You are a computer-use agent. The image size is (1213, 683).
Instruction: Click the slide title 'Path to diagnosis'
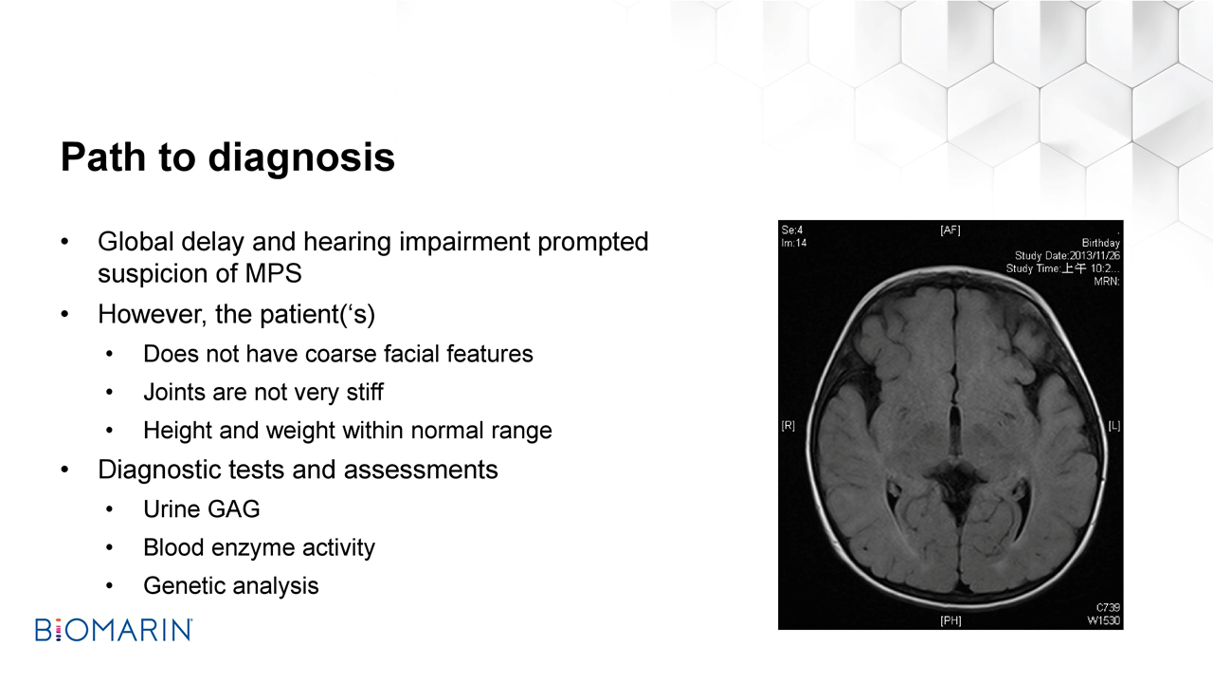pyautogui.click(x=227, y=157)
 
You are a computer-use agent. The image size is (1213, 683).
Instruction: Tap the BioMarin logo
pyautogui.click(x=114, y=630)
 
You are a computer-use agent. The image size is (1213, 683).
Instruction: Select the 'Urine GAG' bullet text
pyautogui.click(x=202, y=509)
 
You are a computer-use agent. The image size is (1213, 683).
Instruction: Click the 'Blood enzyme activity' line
pyautogui.click(x=259, y=548)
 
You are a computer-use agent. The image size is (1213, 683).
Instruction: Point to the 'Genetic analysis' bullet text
pyautogui.click(x=230, y=586)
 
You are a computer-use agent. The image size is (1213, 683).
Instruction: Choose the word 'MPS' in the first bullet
pyautogui.click(x=274, y=273)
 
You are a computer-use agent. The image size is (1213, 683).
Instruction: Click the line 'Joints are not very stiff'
pyautogui.click(x=263, y=393)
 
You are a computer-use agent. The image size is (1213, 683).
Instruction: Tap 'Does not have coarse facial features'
pyautogui.click(x=338, y=354)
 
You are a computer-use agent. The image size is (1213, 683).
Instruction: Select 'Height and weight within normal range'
pyautogui.click(x=348, y=431)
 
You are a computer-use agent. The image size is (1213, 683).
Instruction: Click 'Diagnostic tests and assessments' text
pyautogui.click(x=298, y=470)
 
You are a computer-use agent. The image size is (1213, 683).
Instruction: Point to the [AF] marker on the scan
pyautogui.click(x=950, y=231)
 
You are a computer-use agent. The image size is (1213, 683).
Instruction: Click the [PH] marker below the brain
pyautogui.click(x=950, y=620)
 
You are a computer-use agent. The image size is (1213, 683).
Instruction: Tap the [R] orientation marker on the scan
pyautogui.click(x=788, y=426)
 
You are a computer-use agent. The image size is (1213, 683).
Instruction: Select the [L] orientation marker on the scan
pyautogui.click(x=1113, y=426)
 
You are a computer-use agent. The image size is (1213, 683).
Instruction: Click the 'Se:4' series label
pyautogui.click(x=792, y=231)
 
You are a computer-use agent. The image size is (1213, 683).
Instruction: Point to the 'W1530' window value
pyautogui.click(x=1104, y=620)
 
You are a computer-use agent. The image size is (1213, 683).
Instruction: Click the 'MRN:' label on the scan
pyautogui.click(x=1107, y=282)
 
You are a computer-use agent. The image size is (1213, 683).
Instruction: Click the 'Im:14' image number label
pyautogui.click(x=794, y=244)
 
